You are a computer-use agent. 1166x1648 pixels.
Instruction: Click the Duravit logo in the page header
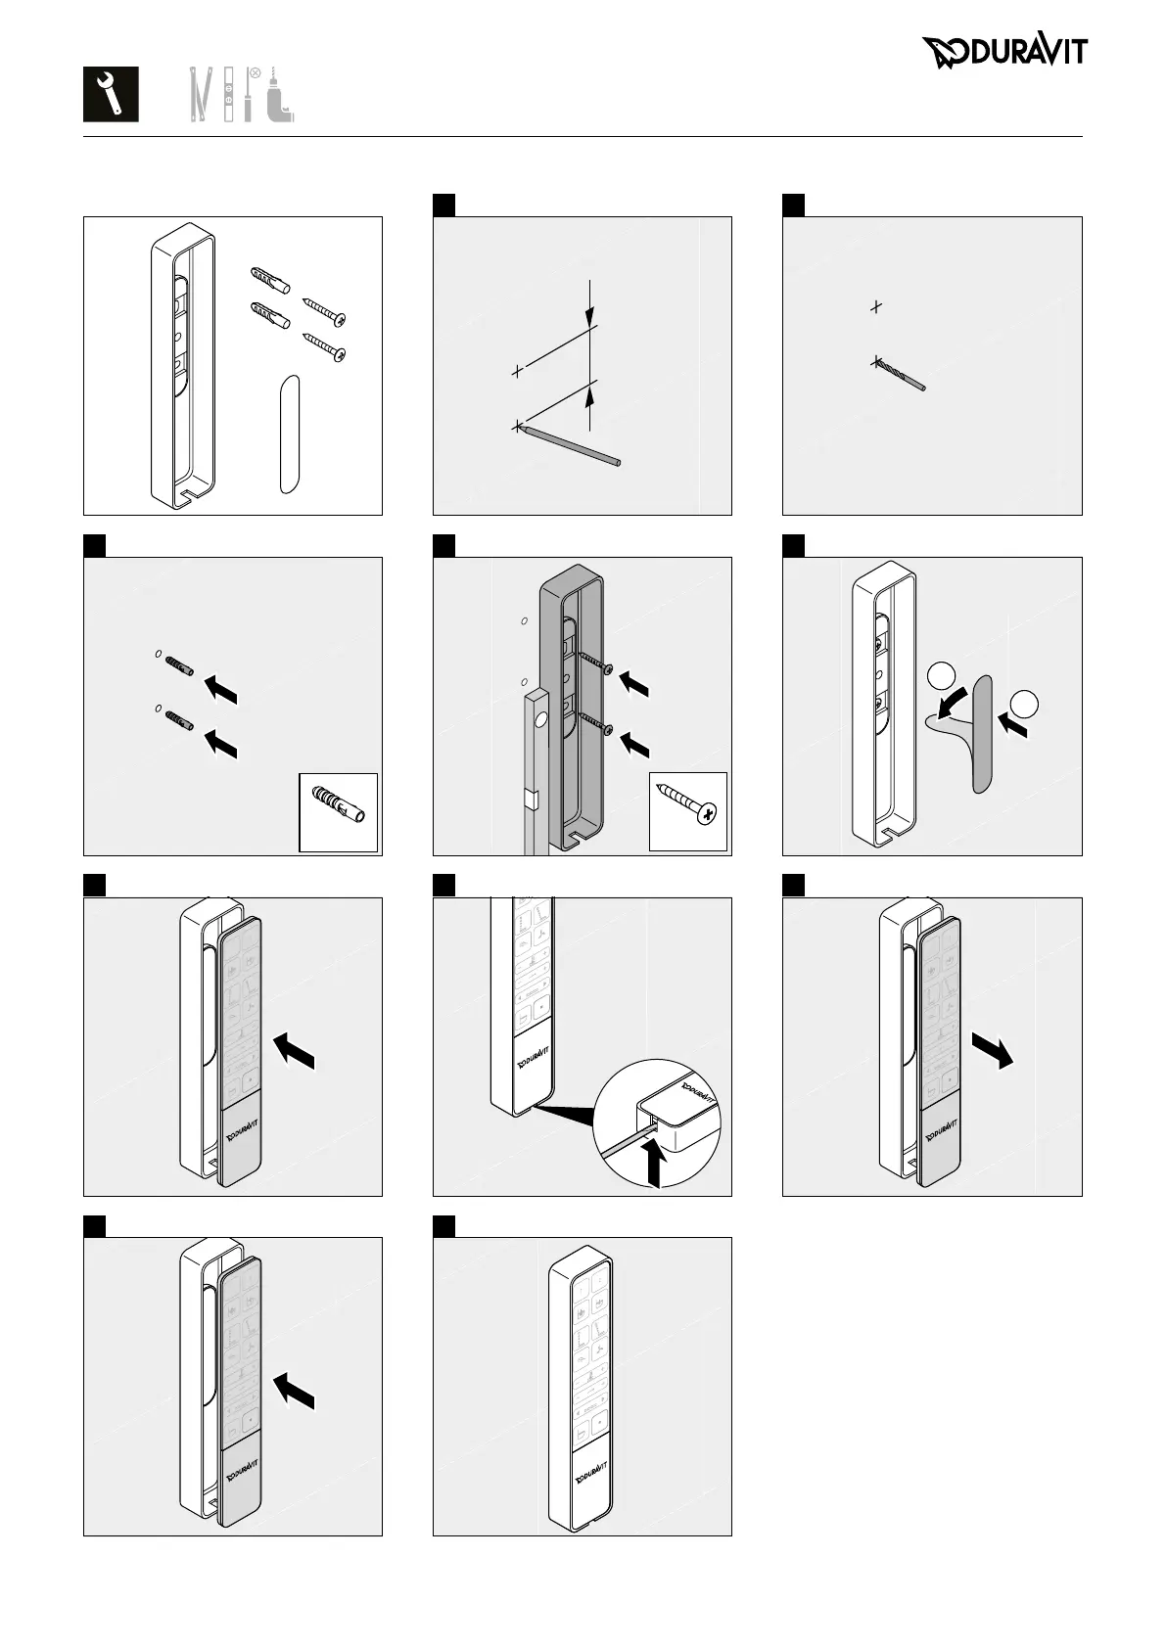click(x=1003, y=52)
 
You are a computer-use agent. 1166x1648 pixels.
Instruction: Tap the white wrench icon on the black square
click(x=111, y=94)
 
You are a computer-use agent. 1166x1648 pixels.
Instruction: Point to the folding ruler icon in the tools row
click(x=201, y=94)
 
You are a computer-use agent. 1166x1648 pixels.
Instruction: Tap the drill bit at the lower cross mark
click(x=901, y=375)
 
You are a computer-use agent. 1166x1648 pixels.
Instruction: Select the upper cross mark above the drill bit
click(x=876, y=306)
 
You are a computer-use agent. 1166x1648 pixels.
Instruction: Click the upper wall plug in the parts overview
click(x=267, y=280)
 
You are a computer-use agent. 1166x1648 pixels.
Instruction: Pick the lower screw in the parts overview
click(x=325, y=346)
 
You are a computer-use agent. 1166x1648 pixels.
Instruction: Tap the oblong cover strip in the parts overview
click(x=287, y=433)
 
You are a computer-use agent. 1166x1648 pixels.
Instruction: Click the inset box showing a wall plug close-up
click(x=338, y=812)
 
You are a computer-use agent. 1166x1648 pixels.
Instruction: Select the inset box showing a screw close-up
click(x=688, y=811)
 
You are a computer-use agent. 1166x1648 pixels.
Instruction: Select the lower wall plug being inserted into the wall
click(x=179, y=720)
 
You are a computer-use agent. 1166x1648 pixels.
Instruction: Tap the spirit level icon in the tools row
click(x=229, y=94)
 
